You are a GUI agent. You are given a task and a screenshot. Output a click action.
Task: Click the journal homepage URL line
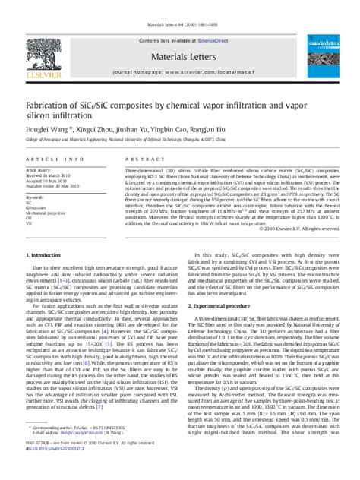(180, 69)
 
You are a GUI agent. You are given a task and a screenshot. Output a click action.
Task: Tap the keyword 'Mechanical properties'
(48, 213)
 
